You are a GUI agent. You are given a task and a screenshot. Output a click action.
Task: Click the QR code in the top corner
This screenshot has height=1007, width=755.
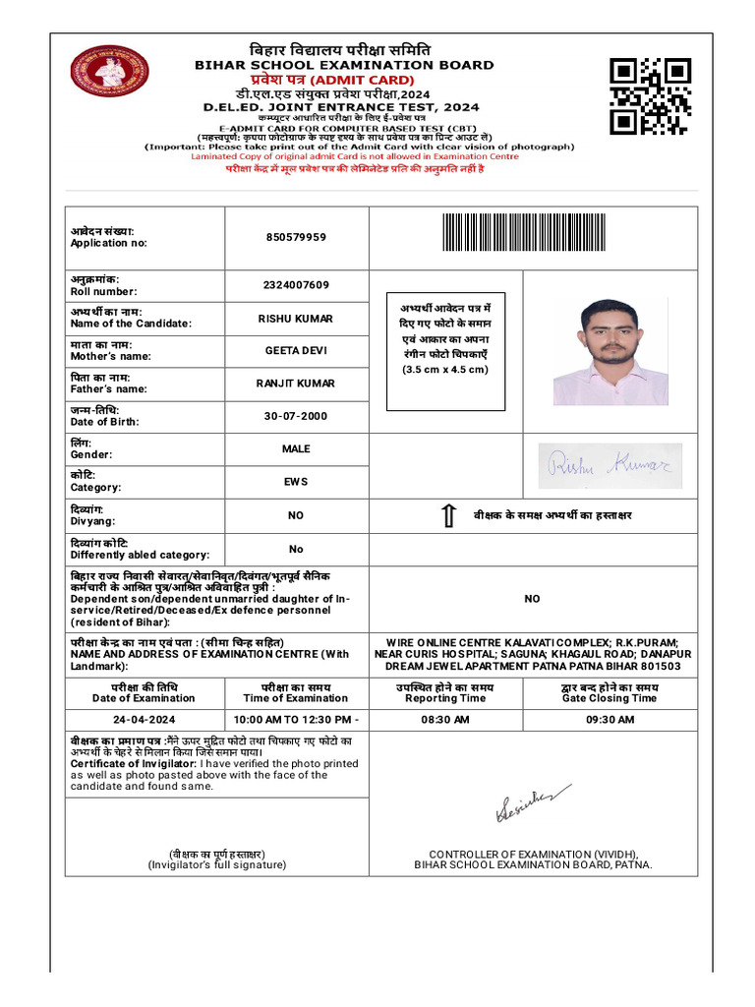(x=650, y=96)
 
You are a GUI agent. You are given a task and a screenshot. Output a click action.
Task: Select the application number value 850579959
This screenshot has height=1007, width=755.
(x=296, y=237)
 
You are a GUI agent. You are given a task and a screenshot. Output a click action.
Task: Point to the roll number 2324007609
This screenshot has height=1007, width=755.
(x=296, y=285)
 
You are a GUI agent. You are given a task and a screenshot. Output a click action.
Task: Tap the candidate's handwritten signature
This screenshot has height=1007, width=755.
(x=610, y=465)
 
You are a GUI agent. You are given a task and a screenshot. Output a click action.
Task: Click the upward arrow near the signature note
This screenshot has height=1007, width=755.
(x=447, y=515)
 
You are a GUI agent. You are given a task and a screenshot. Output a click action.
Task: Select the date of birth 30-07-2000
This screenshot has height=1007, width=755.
(x=296, y=416)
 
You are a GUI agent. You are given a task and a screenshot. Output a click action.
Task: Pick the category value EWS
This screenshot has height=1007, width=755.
(x=296, y=482)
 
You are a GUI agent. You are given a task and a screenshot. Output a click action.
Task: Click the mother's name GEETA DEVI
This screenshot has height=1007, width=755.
(x=296, y=351)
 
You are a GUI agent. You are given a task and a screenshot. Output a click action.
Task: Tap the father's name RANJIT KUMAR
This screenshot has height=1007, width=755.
(x=296, y=384)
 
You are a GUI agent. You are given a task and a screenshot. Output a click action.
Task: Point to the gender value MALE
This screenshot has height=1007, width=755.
(x=296, y=448)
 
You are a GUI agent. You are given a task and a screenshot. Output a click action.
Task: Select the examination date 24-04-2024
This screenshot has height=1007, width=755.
(x=144, y=720)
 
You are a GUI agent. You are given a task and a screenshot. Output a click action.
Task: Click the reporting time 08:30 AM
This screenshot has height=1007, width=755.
(x=445, y=720)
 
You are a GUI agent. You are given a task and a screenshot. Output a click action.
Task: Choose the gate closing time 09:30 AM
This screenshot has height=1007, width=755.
(x=610, y=720)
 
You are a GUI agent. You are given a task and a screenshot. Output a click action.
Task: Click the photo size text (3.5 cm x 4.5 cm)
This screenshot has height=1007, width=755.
(x=445, y=370)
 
